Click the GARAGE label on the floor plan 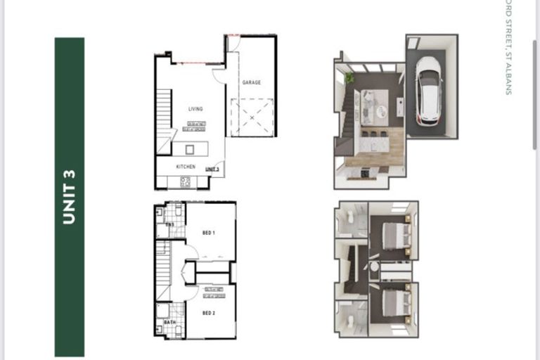click(252, 82)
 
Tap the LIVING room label click(195, 109)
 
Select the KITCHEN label click(186, 167)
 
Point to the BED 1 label click(209, 232)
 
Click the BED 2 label click(209, 313)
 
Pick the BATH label click(169, 323)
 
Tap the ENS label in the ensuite click(169, 224)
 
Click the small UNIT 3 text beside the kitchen click(212, 169)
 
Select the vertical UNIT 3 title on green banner click(69, 197)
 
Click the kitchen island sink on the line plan click(190, 149)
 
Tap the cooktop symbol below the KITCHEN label click(186, 181)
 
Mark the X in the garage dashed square click(252, 118)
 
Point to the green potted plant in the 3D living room click(349, 77)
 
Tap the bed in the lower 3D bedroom click(393, 303)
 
